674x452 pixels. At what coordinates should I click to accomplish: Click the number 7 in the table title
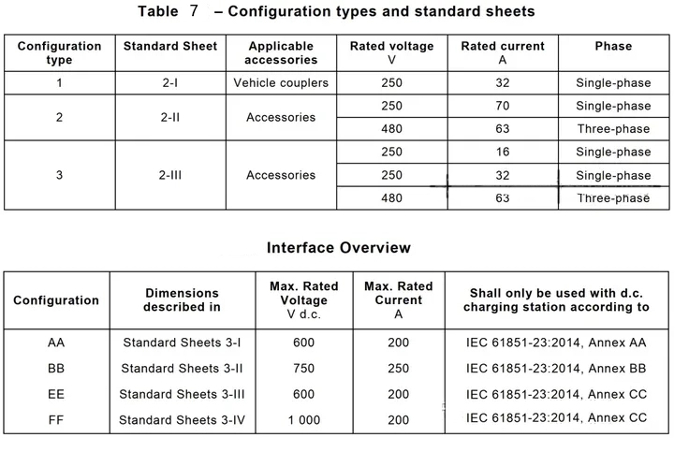194,11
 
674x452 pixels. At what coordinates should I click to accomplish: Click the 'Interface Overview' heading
338,248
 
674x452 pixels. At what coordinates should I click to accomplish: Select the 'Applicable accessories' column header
281,52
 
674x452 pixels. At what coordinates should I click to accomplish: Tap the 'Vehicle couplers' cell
281,83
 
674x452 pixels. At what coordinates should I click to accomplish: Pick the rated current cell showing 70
503,106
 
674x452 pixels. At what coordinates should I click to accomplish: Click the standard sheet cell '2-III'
169,175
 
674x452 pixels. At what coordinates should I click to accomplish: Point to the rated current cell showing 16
503,152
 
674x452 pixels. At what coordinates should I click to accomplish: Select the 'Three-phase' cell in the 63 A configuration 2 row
613,129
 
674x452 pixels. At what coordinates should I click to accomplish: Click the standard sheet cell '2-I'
169,83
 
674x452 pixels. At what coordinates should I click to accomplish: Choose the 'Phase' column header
613,46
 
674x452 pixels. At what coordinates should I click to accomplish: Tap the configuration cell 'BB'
56,369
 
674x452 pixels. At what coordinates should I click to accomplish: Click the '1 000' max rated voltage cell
303,420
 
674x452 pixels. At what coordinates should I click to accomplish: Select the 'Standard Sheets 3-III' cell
182,394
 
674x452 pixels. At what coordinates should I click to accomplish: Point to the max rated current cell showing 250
398,369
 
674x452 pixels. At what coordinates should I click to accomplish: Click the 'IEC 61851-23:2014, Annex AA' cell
556,343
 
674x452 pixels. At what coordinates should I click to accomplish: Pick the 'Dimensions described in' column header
182,299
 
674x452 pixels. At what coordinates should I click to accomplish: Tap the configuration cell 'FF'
56,420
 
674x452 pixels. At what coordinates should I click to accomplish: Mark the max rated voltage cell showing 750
303,369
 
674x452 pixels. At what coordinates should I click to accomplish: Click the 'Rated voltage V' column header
392,52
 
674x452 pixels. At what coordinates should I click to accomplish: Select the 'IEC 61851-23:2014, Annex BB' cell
556,369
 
